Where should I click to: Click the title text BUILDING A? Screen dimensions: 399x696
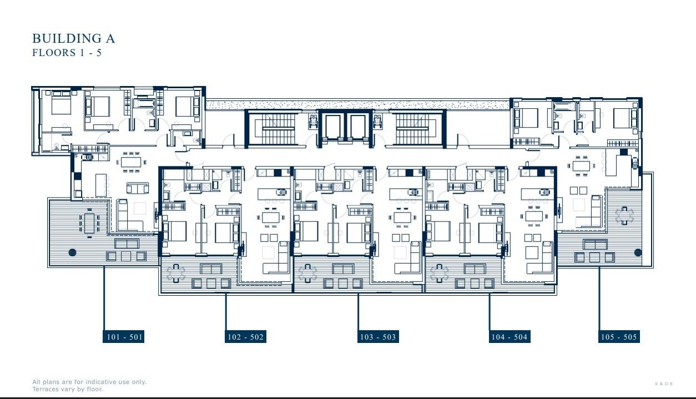pyautogui.click(x=73, y=38)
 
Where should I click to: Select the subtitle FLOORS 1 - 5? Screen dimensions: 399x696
pyautogui.click(x=67, y=53)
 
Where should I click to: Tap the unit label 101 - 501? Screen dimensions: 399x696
pyautogui.click(x=124, y=337)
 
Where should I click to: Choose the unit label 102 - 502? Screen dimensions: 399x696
pyautogui.click(x=245, y=337)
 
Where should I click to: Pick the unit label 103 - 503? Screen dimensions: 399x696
pyautogui.click(x=378, y=337)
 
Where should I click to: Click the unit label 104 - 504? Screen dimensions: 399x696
pyautogui.click(x=509, y=337)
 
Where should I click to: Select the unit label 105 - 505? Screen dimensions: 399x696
pyautogui.click(x=619, y=337)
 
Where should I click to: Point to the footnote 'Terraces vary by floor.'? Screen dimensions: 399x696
pyautogui.click(x=68, y=389)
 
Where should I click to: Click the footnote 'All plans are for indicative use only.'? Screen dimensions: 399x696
pyautogui.click(x=89, y=382)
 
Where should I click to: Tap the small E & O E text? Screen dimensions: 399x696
pyautogui.click(x=664, y=384)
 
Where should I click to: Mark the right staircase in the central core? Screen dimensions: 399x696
pyautogui.click(x=412, y=128)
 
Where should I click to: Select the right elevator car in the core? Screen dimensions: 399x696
pyautogui.click(x=357, y=127)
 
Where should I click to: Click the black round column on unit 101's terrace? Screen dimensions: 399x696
pyautogui.click(x=72, y=252)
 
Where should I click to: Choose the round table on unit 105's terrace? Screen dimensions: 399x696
pyautogui.click(x=624, y=215)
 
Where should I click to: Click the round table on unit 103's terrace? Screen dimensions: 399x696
pyautogui.click(x=307, y=273)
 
